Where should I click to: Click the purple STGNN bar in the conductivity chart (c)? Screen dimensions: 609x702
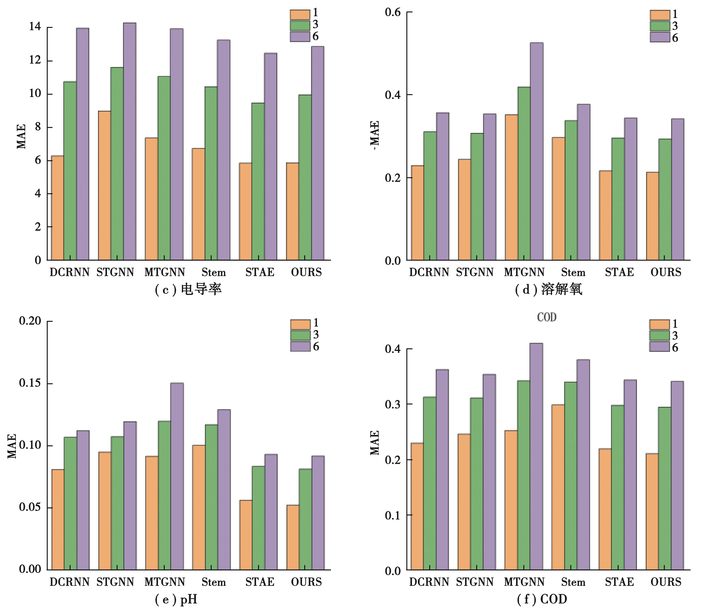point(130,141)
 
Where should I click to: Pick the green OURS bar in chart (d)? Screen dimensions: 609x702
point(665,200)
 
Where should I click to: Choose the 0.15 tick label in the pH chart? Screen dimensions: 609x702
point(30,383)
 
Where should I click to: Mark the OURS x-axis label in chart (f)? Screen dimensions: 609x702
point(666,582)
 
